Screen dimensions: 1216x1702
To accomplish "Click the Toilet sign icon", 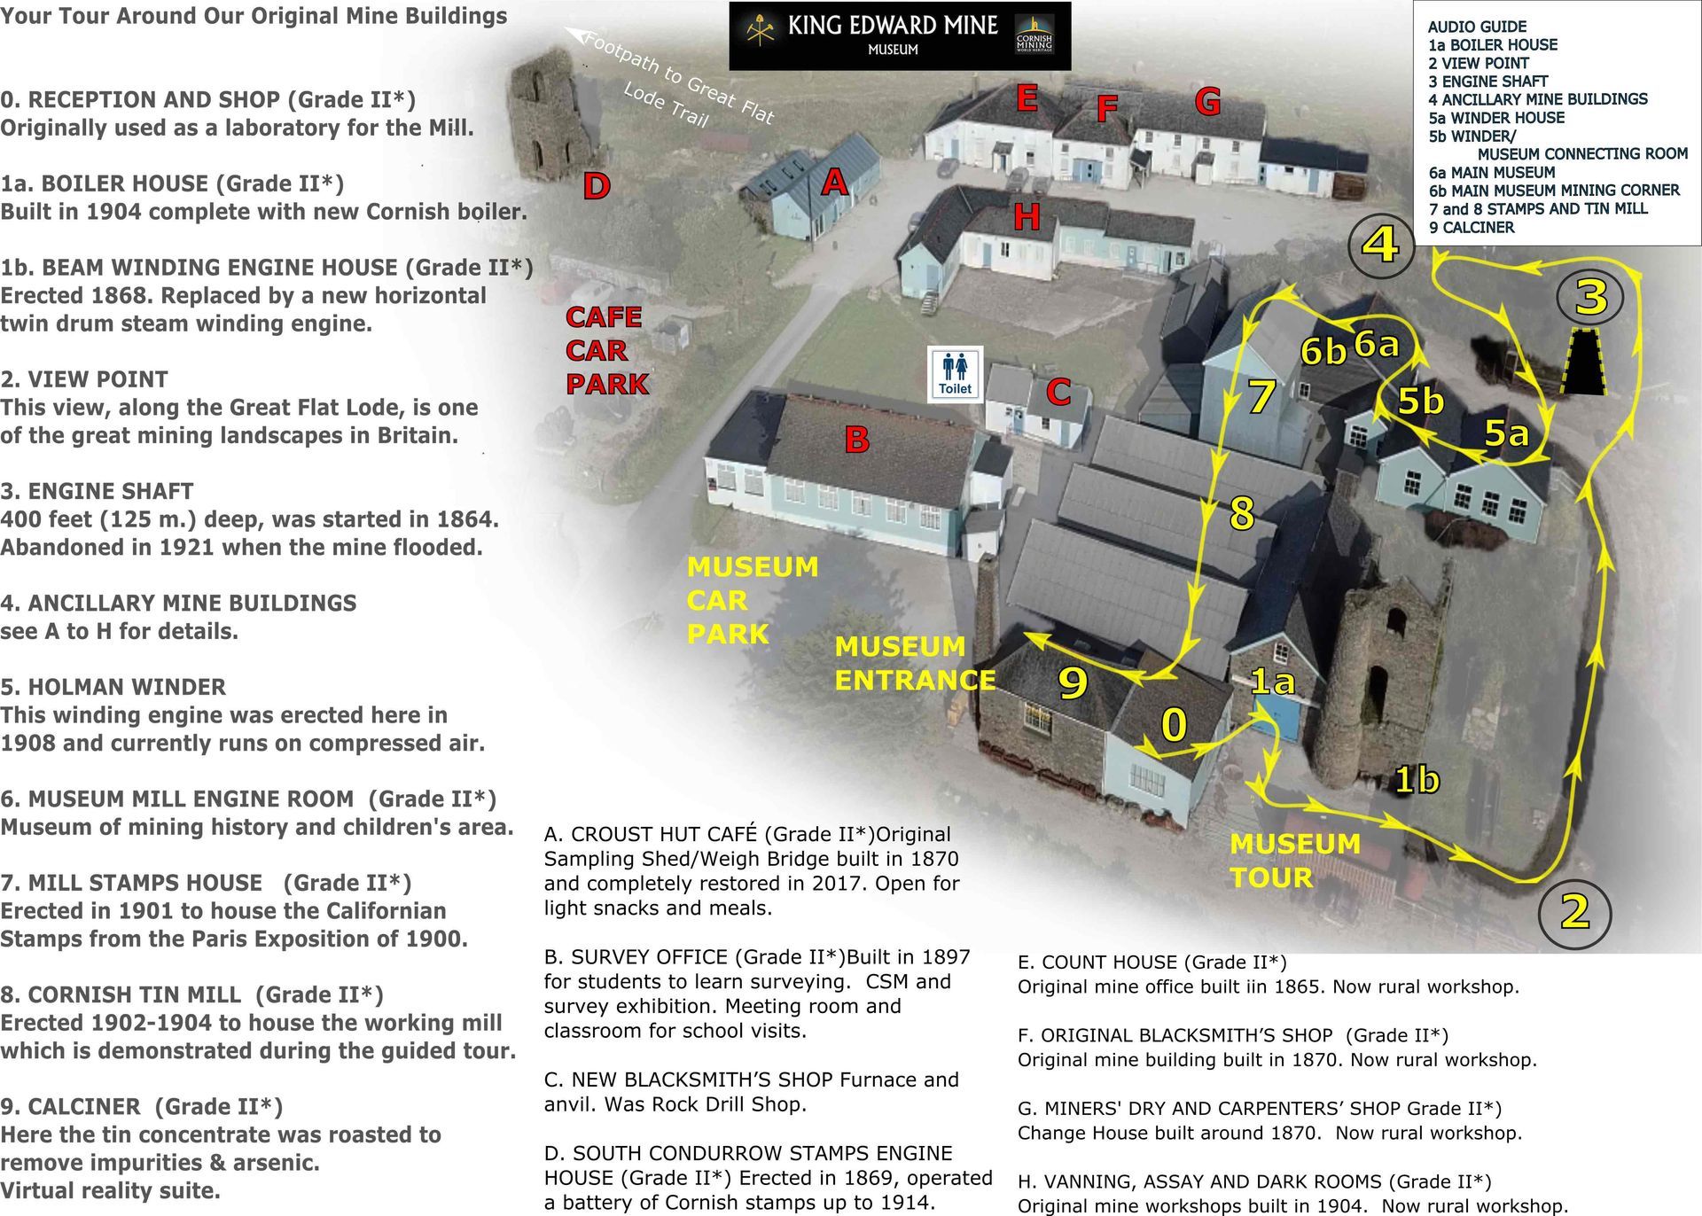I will pyautogui.click(x=955, y=373).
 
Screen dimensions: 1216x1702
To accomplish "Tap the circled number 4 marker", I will pyautogui.click(x=1380, y=244).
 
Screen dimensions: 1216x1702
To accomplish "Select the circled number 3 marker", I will pyautogui.click(x=1590, y=298).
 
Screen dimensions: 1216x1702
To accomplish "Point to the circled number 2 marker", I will pyautogui.click(x=1573, y=912).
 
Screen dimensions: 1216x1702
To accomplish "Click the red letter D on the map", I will pyautogui.click(x=597, y=186).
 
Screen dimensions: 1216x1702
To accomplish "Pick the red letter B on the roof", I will pyautogui.click(x=856, y=440).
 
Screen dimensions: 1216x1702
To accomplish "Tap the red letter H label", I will pyautogui.click(x=1027, y=216).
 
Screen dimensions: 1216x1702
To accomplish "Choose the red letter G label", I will pyautogui.click(x=1207, y=103).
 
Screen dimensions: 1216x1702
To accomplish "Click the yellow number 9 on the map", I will pyautogui.click(x=1073, y=682).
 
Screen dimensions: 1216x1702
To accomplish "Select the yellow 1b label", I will pyautogui.click(x=1417, y=780).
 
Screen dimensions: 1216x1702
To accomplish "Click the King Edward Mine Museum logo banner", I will pyautogui.click(x=899, y=35).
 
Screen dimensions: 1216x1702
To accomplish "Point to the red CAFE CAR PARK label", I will pyautogui.click(x=607, y=351).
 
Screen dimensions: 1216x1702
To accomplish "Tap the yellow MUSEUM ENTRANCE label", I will pyautogui.click(x=915, y=663).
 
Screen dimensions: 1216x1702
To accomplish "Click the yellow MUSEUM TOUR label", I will pyautogui.click(x=1294, y=861).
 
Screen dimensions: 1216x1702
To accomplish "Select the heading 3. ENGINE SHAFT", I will pyautogui.click(x=97, y=491).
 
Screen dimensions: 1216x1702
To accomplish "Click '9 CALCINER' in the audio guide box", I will pyautogui.click(x=1472, y=228).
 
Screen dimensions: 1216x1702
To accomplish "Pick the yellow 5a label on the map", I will pyautogui.click(x=1506, y=433).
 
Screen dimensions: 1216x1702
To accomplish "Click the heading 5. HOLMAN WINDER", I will pyautogui.click(x=113, y=687).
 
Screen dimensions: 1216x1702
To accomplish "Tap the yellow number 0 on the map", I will pyautogui.click(x=1174, y=725).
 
